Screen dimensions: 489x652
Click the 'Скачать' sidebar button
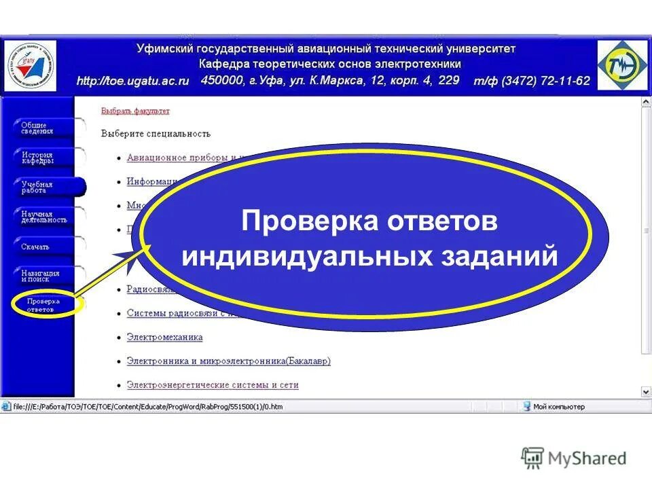[x=37, y=247]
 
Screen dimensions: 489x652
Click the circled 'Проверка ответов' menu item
[x=43, y=305]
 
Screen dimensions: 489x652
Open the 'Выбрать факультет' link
[x=135, y=111]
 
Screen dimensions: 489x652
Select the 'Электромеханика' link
[x=164, y=337]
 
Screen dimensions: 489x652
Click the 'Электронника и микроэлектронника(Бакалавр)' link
[x=228, y=361]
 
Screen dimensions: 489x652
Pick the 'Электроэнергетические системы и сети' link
[x=213, y=385]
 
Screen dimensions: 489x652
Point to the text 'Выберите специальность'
[x=156, y=134]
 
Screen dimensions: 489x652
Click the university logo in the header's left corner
[x=31, y=65]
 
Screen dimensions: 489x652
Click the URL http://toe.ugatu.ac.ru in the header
[x=132, y=81]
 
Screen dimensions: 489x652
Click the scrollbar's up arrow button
[x=645, y=103]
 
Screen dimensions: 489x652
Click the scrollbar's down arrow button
[x=645, y=392]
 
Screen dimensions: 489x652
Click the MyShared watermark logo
[x=574, y=458]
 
